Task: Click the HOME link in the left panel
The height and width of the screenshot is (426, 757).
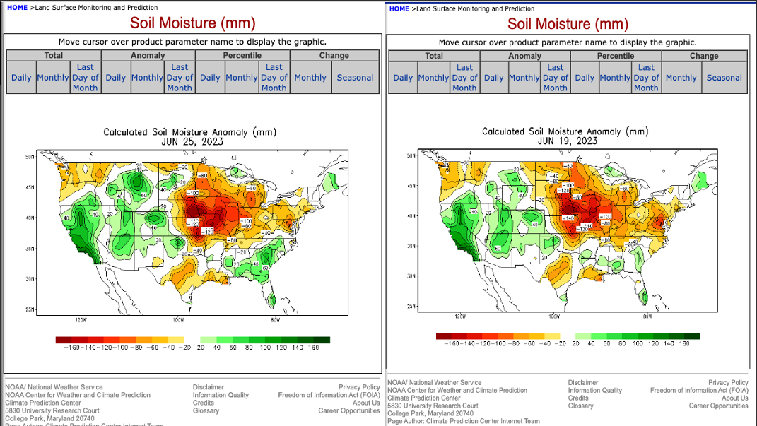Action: click(17, 8)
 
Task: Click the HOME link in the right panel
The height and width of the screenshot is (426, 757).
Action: click(399, 9)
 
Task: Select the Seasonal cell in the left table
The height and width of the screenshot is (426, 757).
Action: click(355, 78)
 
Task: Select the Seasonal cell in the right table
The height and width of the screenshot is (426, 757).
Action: click(724, 78)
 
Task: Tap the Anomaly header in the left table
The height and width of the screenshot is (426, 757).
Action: click(148, 55)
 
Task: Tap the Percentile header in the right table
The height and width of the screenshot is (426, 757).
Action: click(615, 56)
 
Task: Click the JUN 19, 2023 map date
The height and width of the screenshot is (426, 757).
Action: click(568, 141)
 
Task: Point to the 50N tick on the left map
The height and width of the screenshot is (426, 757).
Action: click(30, 156)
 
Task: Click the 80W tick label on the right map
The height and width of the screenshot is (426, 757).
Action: click(647, 316)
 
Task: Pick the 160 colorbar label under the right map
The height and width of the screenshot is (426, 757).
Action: click(683, 343)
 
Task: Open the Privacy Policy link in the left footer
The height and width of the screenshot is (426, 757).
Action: click(359, 387)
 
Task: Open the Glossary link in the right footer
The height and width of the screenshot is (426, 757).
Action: click(581, 406)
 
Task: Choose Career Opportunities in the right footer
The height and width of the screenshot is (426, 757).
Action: click(718, 406)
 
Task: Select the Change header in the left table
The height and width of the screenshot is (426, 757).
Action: click(334, 55)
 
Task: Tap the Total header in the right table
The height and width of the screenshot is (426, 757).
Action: click(434, 56)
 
